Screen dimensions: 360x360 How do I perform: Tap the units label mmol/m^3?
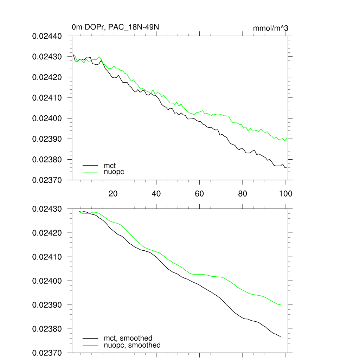(x=270, y=28)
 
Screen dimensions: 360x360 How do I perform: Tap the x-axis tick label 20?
(x=113, y=193)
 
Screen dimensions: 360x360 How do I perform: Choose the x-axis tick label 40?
(x=156, y=193)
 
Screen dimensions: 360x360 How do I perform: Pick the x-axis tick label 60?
(x=199, y=193)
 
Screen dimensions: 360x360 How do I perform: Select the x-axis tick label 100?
(x=285, y=193)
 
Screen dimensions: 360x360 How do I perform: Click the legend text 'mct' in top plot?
(x=110, y=165)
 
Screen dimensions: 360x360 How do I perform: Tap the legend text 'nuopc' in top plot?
(x=114, y=172)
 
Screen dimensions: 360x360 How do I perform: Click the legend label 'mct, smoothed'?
(x=128, y=338)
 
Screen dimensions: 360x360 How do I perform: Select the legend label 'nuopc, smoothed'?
(x=132, y=345)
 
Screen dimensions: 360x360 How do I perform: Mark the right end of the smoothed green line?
(x=281, y=304)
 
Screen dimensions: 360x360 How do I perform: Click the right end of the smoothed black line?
(x=281, y=336)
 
